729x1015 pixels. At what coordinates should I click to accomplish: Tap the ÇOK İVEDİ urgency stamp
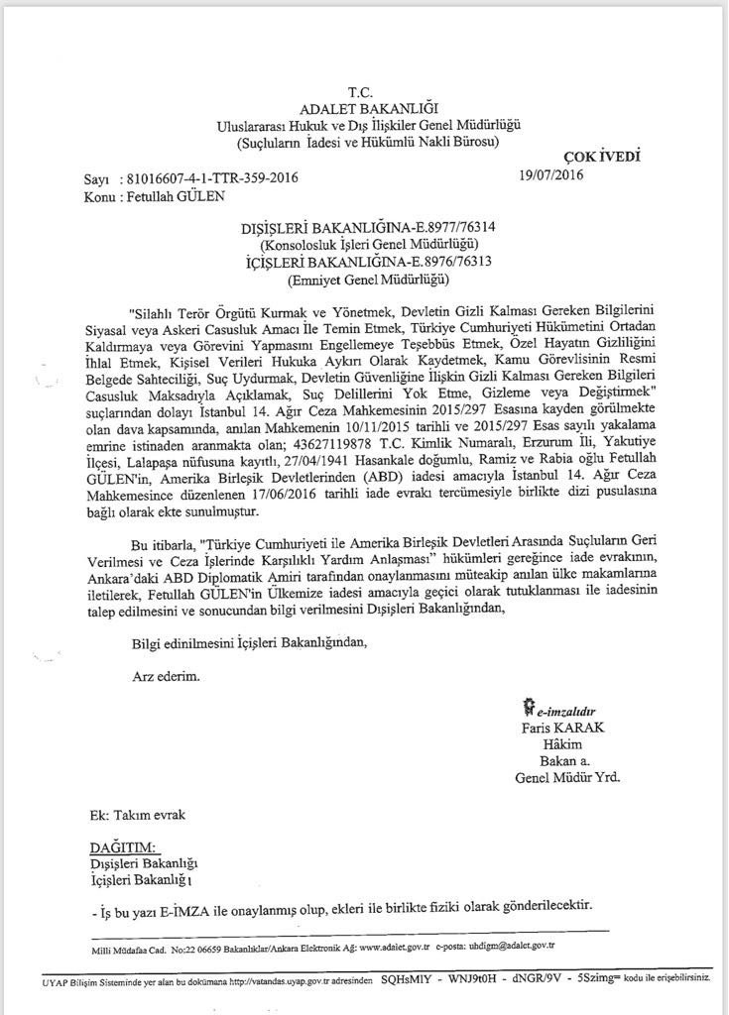(601, 156)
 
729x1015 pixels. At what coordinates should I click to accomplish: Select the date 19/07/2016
(551, 175)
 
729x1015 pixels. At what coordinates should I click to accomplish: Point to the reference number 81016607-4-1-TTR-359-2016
(212, 179)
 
